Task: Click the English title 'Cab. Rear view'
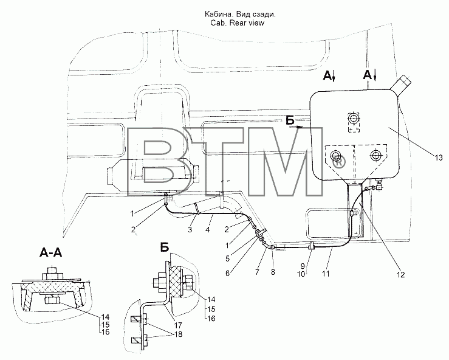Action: point(237,23)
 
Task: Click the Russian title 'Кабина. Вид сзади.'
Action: point(239,14)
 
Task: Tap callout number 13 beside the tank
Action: point(439,157)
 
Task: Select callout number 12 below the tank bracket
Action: point(401,275)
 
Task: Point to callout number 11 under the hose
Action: point(326,274)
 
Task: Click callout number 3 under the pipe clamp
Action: point(190,230)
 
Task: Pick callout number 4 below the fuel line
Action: point(208,230)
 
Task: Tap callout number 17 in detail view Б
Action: point(178,325)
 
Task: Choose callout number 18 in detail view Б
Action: point(178,334)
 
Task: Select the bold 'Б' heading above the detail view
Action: point(165,247)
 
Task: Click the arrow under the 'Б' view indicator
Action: point(296,126)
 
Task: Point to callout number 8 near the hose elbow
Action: point(273,272)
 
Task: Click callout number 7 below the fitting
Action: point(257,272)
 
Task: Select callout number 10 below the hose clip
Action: point(301,274)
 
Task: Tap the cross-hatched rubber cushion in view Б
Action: point(175,282)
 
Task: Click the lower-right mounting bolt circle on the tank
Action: point(375,156)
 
